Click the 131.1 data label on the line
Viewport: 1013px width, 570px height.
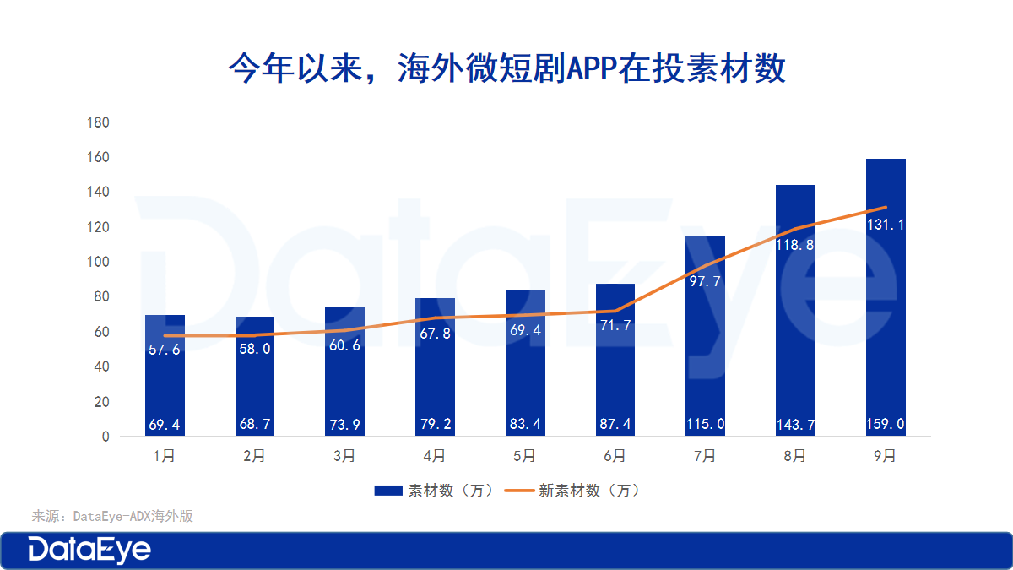[886, 225]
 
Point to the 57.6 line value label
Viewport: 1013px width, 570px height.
[165, 349]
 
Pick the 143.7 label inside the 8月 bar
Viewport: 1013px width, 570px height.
[795, 424]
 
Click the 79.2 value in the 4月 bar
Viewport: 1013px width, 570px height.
[435, 424]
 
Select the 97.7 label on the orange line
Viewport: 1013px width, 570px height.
[705, 281]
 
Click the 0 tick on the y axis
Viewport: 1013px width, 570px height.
[106, 437]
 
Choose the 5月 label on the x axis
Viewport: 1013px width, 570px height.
[524, 456]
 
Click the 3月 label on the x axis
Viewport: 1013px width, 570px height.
[344, 456]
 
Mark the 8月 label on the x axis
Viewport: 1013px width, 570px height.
[795, 456]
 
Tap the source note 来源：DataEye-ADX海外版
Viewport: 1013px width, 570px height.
[112, 516]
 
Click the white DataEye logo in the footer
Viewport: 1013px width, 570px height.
[89, 550]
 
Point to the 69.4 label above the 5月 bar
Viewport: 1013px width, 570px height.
[524, 330]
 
